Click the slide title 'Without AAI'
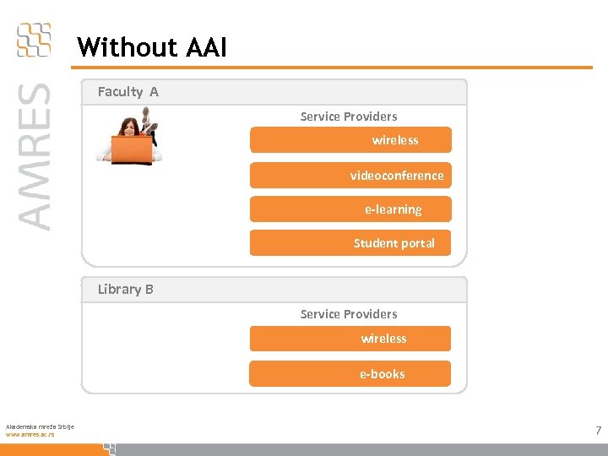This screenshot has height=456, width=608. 152,47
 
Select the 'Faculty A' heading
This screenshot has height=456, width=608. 128,92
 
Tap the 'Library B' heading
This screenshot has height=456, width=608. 125,289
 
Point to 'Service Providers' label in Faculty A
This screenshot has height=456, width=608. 349,117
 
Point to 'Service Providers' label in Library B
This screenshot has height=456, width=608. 349,314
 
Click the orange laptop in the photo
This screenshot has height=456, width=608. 131,149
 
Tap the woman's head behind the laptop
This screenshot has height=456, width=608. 130,128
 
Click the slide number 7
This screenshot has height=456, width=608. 598,431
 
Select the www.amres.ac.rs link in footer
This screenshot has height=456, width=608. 30,434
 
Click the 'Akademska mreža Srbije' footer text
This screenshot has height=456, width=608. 40,426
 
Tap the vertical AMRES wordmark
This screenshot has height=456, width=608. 34,156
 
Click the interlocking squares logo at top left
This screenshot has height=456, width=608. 34,40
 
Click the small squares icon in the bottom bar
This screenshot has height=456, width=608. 109,448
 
